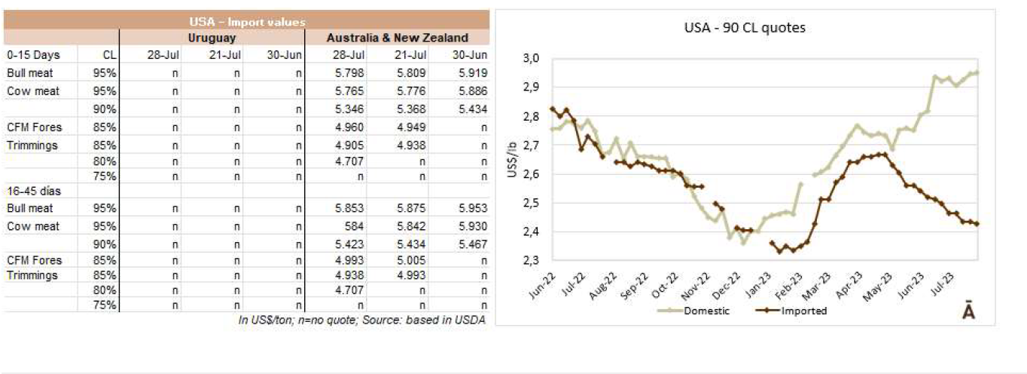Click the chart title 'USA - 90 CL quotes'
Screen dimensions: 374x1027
coord(745,29)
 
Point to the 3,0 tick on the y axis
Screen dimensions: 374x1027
coord(532,58)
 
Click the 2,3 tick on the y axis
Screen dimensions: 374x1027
coord(532,260)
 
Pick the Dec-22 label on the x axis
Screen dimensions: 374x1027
coord(722,285)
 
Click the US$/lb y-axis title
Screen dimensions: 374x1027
coord(511,160)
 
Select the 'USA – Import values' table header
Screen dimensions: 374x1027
coord(246,23)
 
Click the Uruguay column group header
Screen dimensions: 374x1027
coord(212,38)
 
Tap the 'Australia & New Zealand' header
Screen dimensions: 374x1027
coord(397,38)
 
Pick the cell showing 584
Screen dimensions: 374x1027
coord(357,226)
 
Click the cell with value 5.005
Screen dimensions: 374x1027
coord(412,260)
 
